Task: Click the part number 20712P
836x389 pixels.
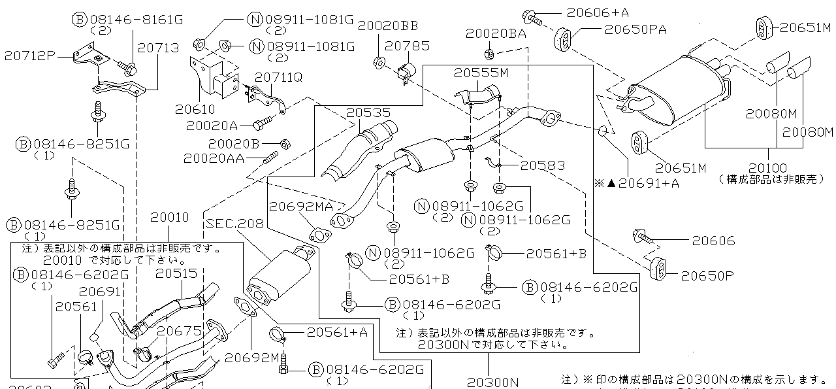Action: coord(30,56)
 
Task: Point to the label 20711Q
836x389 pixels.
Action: coord(278,77)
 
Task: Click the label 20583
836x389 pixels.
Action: coord(542,166)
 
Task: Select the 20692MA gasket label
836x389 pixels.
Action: coord(301,207)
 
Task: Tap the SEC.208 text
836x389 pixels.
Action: coord(234,224)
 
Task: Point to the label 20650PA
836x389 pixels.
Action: coord(635,29)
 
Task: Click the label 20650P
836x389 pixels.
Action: coord(707,275)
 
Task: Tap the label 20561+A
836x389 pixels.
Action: coord(346,332)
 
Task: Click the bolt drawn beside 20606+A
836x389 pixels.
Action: coord(532,16)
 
